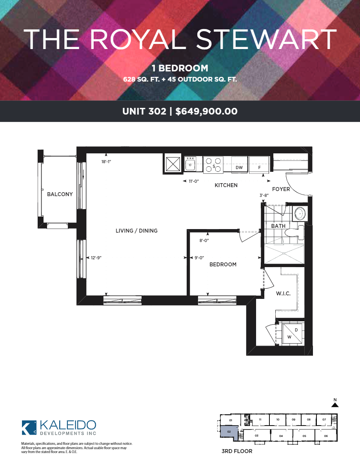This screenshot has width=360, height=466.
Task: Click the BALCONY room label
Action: (x=60, y=195)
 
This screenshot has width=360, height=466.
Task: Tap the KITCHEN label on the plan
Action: (x=226, y=185)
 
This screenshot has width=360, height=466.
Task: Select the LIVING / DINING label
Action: (x=136, y=231)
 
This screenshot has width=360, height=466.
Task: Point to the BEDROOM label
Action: (x=223, y=264)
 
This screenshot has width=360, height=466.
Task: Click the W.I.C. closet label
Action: (x=283, y=293)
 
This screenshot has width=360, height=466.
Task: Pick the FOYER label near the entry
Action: (x=281, y=189)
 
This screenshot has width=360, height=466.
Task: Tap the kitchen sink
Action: (x=190, y=164)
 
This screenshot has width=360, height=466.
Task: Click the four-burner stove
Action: (x=213, y=165)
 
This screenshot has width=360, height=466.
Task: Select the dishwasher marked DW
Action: (x=239, y=164)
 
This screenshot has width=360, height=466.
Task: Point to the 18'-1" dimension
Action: (x=106, y=162)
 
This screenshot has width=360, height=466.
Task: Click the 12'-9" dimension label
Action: (x=96, y=258)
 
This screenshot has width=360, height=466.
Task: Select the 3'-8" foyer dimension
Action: (x=264, y=195)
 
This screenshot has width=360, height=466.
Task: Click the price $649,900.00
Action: (x=206, y=111)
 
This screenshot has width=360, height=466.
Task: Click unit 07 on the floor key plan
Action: (x=324, y=420)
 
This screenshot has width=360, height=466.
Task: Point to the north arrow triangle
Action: (x=335, y=404)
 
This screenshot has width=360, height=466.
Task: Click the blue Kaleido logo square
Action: (x=29, y=428)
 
